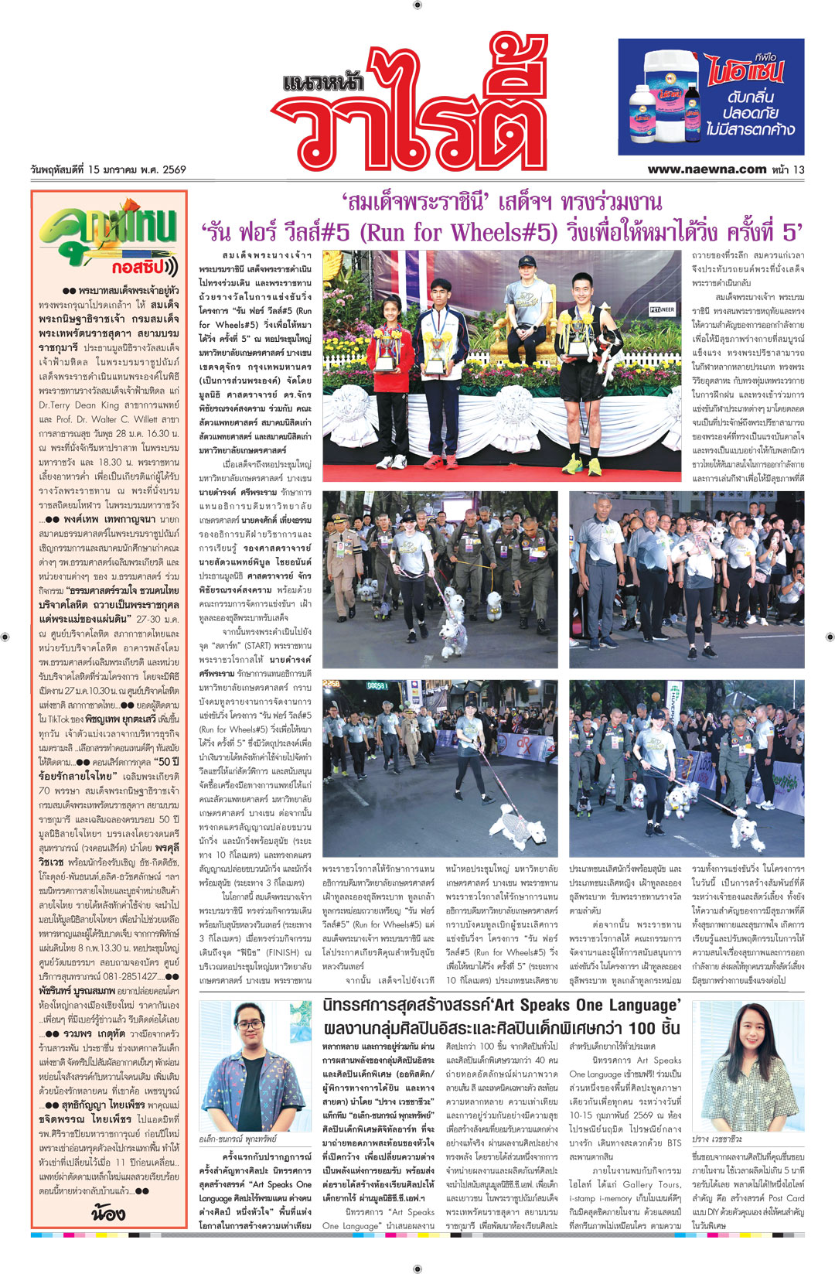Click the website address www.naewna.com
point(707,169)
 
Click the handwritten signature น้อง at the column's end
point(108,1211)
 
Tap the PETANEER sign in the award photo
point(661,310)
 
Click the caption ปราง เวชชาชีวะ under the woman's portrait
point(717,1139)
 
